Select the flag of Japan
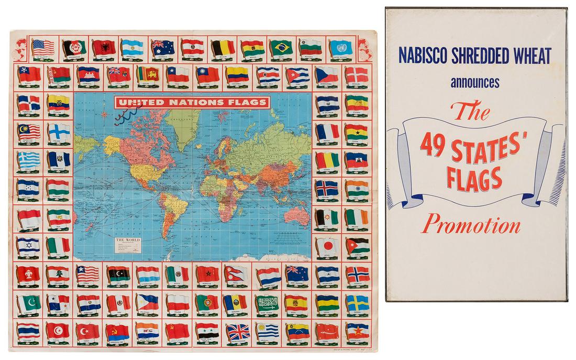(x=327, y=245)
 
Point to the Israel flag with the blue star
(x=28, y=245)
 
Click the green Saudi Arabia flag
(x=267, y=302)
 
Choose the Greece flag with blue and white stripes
(x=28, y=159)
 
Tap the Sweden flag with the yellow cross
(x=357, y=302)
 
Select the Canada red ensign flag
(x=118, y=75)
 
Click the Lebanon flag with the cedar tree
(x=58, y=274)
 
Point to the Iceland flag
(x=327, y=188)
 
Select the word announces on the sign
(x=473, y=82)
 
